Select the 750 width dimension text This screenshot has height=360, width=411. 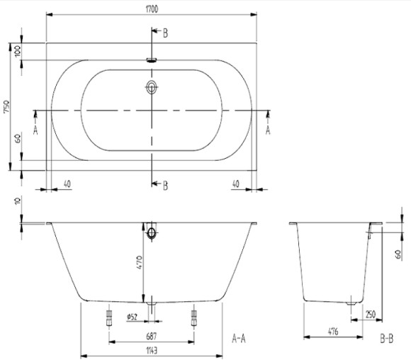point(6,107)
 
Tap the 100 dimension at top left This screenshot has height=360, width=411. point(17,52)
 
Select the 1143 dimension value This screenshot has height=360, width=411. point(151,350)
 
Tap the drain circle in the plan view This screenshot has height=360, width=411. point(152,88)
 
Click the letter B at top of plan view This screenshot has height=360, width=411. point(165,33)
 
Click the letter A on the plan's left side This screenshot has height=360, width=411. point(35,129)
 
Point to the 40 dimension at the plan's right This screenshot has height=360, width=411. point(235,183)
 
